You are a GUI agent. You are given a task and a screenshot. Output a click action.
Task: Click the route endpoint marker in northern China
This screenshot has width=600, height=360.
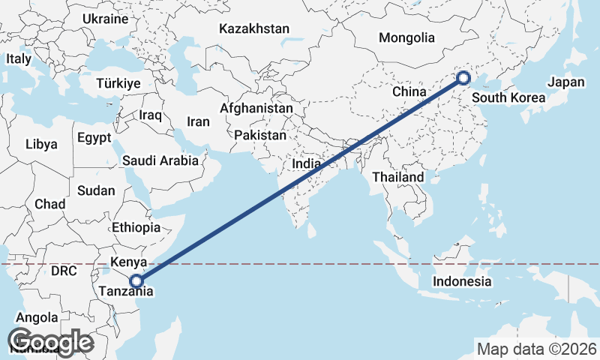click(x=463, y=77)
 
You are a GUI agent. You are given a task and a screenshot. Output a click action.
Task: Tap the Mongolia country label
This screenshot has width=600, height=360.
click(x=406, y=37)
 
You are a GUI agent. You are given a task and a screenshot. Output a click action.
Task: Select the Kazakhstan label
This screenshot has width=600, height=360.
click(x=254, y=28)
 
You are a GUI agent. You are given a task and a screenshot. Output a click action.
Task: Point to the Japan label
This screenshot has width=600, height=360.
click(x=566, y=82)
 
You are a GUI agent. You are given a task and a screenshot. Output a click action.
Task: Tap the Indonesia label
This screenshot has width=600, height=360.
click(x=462, y=282)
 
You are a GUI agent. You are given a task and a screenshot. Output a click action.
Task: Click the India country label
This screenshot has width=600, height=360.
click(x=306, y=163)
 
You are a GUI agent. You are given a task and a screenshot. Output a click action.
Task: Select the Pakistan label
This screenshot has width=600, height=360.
click(x=260, y=136)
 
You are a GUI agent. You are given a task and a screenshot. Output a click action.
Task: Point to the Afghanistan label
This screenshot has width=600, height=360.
click(x=256, y=108)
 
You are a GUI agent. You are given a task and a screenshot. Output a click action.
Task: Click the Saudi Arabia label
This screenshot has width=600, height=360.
click(x=160, y=160)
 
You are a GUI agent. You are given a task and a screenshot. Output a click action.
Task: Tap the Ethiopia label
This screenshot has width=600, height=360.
click(x=136, y=227)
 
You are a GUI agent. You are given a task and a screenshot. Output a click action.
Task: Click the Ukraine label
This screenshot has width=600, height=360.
click(x=106, y=19)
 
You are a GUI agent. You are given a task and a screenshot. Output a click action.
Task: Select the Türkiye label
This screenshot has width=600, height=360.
click(x=118, y=84)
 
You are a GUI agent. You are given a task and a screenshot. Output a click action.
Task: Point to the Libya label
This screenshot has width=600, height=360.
click(x=40, y=144)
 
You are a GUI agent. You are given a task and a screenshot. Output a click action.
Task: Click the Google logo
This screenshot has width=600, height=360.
click(x=50, y=342)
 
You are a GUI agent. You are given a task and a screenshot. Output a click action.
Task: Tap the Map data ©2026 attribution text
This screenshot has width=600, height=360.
click(x=537, y=349)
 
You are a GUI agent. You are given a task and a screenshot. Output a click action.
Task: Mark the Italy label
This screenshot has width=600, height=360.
click(x=19, y=58)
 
